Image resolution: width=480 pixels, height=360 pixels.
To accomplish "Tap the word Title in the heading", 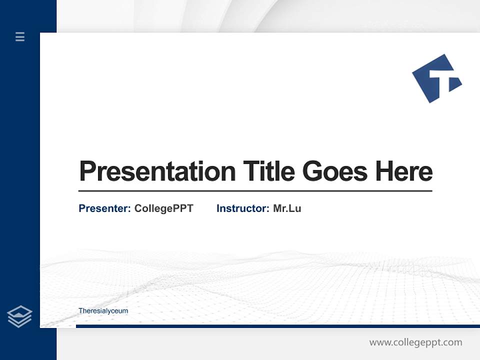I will coord(269,171).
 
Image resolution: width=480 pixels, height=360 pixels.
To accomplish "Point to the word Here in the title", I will coord(404,171).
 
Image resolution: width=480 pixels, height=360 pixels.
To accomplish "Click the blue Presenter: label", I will coord(105,208).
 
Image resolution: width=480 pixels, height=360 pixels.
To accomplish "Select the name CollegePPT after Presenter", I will coord(163,208).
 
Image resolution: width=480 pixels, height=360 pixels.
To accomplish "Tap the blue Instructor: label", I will coord(243,208).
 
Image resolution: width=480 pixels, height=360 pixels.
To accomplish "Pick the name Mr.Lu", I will coord(287,208).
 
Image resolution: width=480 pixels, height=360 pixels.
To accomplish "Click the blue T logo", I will coord(436,78).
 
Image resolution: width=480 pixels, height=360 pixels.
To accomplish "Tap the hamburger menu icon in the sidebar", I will coord(20,36).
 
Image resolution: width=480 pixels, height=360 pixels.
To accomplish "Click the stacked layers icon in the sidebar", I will coord(19,316).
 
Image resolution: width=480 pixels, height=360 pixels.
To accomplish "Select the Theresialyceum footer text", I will coord(103,311).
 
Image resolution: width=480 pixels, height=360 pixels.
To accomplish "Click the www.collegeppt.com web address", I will coord(415,342).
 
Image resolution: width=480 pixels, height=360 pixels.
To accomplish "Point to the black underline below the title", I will coord(255,190).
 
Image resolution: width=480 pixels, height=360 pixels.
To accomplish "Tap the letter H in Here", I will coord(384,171).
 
